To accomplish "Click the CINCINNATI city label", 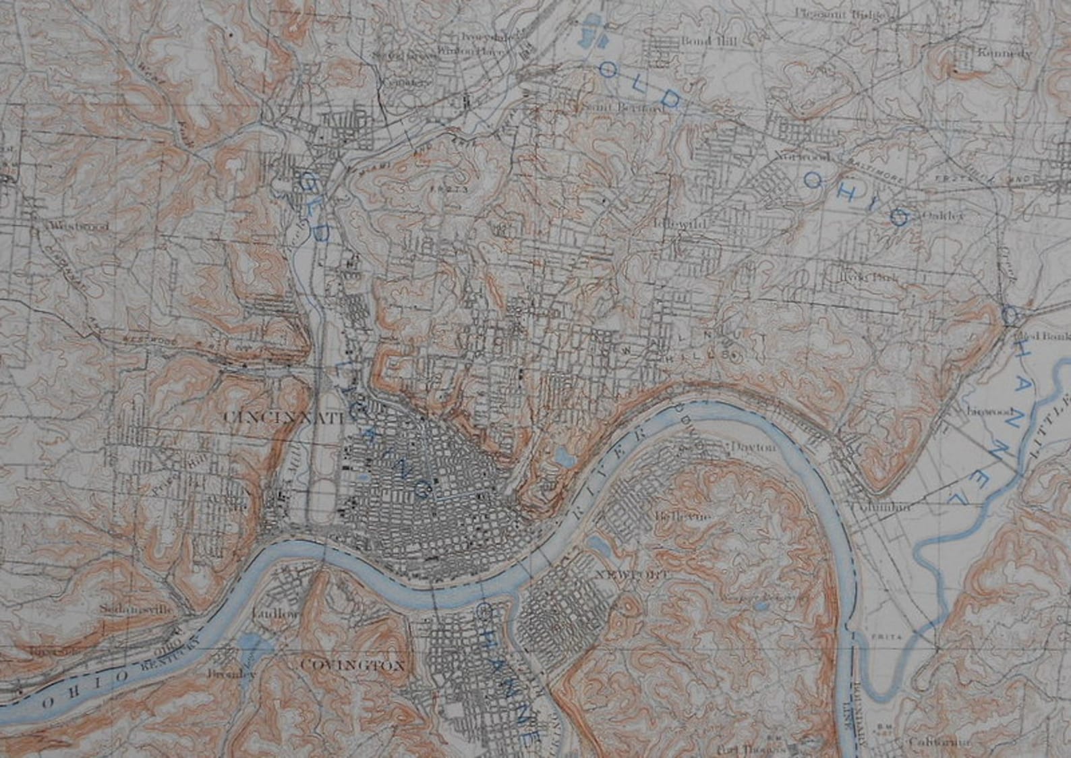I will coord(283,417).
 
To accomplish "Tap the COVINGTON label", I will coord(353,666).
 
